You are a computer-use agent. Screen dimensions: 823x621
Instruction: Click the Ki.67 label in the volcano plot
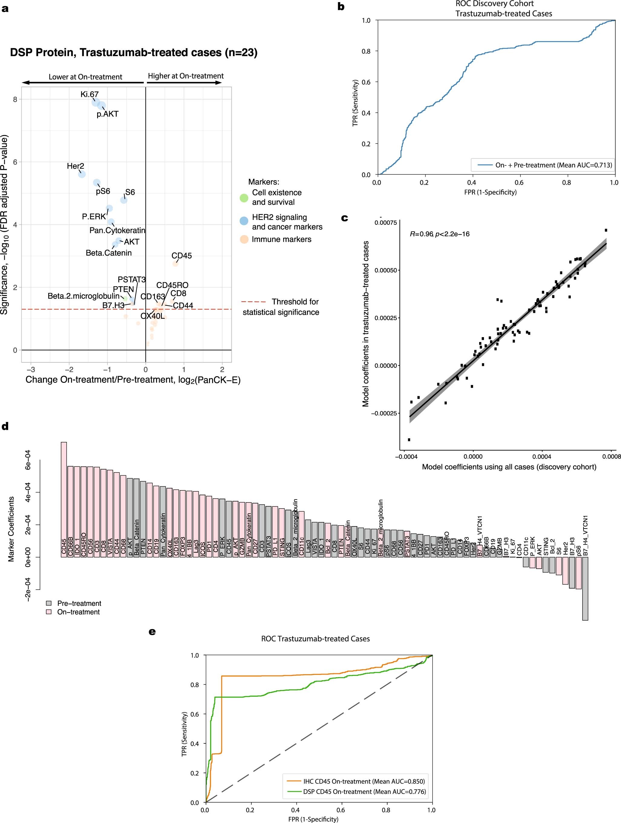[89, 94]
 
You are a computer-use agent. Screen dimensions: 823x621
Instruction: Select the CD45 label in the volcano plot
[181, 256]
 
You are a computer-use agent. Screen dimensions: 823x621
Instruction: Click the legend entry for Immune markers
[281, 239]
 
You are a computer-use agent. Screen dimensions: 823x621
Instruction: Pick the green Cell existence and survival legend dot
[244, 197]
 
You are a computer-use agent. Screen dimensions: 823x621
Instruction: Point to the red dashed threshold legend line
[253, 302]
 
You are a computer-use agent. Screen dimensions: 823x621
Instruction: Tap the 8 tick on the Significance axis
[15, 99]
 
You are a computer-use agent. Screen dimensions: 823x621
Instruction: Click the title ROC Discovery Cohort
[494, 4]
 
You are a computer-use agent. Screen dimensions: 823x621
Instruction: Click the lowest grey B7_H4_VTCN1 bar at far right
[585, 588]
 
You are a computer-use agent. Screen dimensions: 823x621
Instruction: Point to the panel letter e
[152, 631]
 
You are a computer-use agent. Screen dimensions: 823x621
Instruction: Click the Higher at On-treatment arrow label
[185, 76]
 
